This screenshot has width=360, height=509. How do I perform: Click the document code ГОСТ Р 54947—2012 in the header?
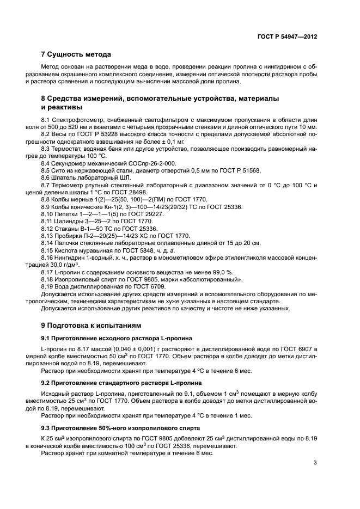[x=287, y=37]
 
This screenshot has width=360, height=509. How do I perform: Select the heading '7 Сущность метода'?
[x=76, y=54]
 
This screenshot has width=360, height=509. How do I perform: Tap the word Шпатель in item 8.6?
[x=64, y=178]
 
